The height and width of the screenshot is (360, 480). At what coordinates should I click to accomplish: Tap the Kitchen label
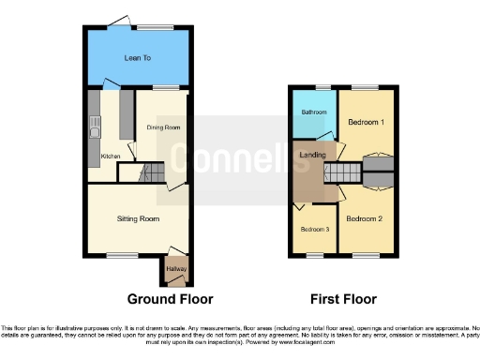(111, 156)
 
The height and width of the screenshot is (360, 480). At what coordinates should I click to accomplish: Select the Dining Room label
(163, 127)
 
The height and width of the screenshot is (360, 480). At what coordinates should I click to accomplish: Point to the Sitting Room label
(138, 218)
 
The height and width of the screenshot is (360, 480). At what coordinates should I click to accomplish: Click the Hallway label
(176, 269)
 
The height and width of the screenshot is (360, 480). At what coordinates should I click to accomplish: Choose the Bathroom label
(313, 112)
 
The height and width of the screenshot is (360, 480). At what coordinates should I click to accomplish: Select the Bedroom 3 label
(313, 229)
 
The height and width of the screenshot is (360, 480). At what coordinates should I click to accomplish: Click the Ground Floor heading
(170, 299)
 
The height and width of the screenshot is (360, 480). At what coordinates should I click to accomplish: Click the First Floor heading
(345, 299)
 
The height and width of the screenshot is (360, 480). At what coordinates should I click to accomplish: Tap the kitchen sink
(94, 123)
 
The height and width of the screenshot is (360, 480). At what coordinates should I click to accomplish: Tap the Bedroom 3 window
(313, 255)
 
